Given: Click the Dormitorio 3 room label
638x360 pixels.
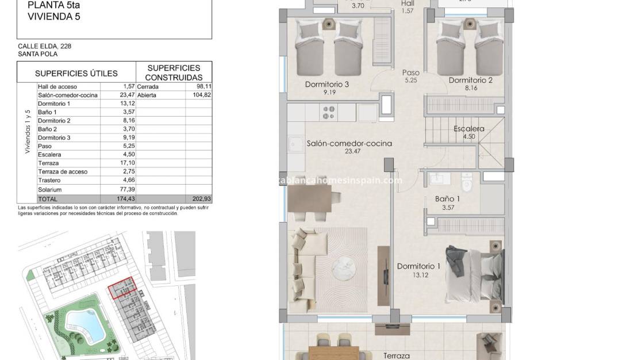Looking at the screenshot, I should [327, 85].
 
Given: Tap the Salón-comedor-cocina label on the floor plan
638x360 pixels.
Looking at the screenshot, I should [349, 144].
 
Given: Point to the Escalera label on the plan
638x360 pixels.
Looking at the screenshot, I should [468, 129].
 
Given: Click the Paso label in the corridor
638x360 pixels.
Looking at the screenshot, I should [410, 73].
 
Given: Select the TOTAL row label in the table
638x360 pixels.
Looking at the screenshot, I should [48, 198].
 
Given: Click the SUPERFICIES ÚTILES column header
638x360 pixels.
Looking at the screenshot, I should [76, 73].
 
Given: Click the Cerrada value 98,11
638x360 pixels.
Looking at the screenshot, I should [203, 87].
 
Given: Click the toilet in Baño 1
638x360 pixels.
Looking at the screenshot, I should [467, 184].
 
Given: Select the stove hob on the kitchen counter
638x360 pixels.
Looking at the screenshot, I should [329, 112].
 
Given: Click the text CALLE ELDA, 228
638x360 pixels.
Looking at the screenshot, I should [45, 46].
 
